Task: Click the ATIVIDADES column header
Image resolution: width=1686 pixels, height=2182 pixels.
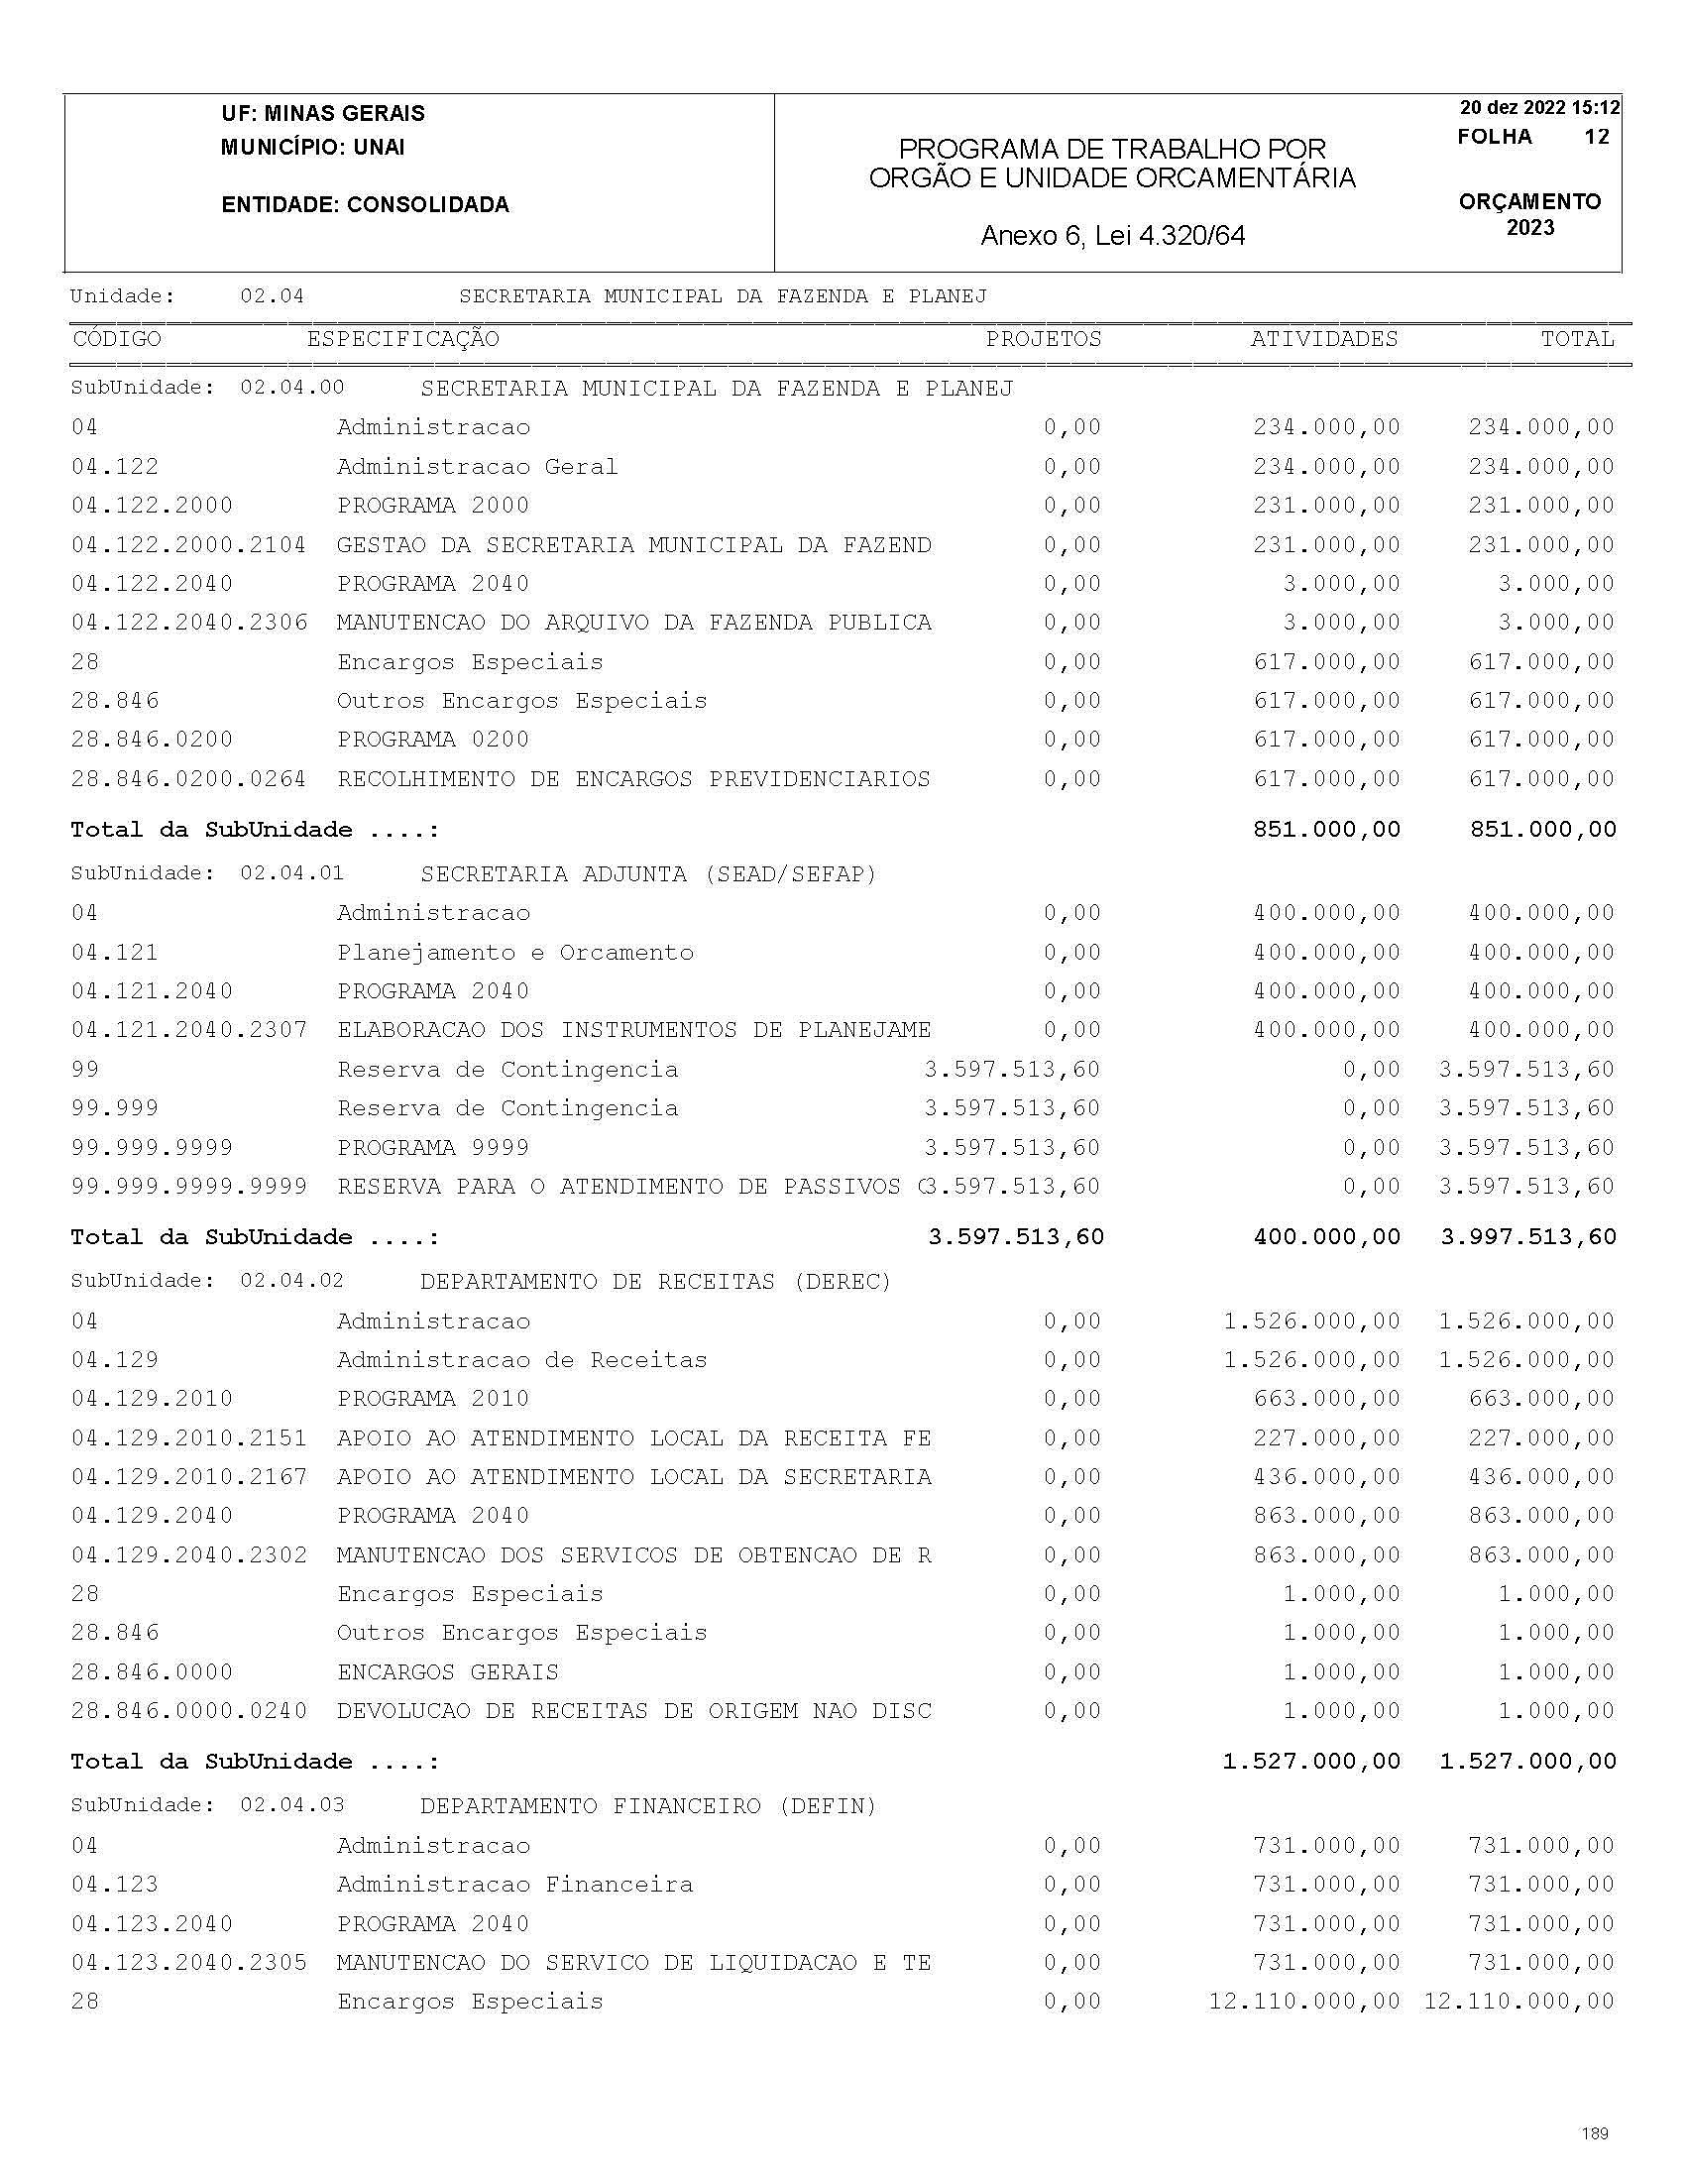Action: click(1323, 339)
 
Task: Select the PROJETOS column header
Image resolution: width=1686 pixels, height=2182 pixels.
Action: click(1043, 339)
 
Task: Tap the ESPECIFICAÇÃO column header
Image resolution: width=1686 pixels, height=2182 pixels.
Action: click(402, 339)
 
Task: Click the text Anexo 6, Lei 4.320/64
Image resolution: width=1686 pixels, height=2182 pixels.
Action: click(1113, 236)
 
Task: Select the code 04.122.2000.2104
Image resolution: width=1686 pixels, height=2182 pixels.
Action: click(188, 544)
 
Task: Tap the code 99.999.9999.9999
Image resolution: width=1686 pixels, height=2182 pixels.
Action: click(188, 1186)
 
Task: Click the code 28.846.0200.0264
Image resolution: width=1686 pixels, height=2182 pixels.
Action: click(188, 778)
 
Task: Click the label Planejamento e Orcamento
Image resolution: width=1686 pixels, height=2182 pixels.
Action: click(515, 952)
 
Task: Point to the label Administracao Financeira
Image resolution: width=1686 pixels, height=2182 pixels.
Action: click(515, 1885)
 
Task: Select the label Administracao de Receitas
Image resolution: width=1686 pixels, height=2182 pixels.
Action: click(521, 1360)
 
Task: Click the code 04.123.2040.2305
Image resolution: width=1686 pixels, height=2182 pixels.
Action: click(188, 1962)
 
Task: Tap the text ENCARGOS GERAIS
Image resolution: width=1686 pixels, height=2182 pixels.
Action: click(447, 1671)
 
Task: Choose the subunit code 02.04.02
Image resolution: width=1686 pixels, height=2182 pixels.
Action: click(291, 1281)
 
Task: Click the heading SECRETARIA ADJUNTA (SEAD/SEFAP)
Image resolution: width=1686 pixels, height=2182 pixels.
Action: click(648, 874)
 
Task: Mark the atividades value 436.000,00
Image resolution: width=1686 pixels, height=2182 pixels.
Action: click(1326, 1477)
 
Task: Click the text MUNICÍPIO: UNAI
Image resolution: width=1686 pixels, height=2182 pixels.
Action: click(312, 148)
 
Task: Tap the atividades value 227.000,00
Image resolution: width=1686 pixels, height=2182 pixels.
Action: click(1326, 1437)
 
